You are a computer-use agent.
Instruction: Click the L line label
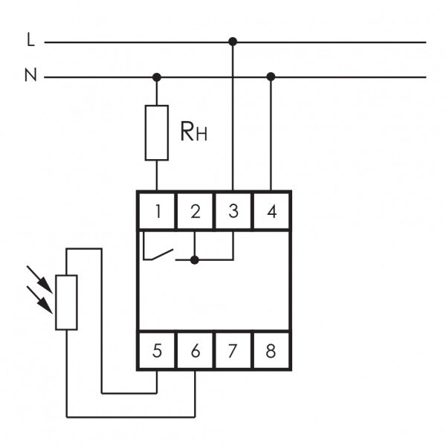coord(30,39)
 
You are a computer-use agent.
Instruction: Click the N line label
coord(30,75)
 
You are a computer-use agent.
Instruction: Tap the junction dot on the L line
coord(233,42)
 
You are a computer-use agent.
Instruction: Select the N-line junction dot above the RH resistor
coord(157,77)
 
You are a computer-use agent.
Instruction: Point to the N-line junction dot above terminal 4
coord(271,77)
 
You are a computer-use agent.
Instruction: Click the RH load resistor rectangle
coord(157,133)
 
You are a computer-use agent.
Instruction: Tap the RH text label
coord(194,132)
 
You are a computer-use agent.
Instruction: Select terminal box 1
coord(157,211)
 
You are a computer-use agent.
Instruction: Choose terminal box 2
coord(195,211)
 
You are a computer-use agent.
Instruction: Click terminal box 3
coord(233,211)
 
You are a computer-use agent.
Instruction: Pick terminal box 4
coord(271,211)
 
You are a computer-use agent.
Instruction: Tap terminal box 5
coord(157,350)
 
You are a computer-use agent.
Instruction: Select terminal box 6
coord(195,350)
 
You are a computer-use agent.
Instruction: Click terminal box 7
coord(233,350)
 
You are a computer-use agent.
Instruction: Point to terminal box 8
coord(271,350)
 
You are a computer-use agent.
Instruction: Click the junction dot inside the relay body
coord(195,259)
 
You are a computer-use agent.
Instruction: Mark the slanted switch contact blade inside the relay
coord(162,254)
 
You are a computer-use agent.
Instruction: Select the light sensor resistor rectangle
coord(66,303)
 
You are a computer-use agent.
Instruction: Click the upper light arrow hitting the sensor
coord(39,279)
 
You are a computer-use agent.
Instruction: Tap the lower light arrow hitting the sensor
coord(39,300)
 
